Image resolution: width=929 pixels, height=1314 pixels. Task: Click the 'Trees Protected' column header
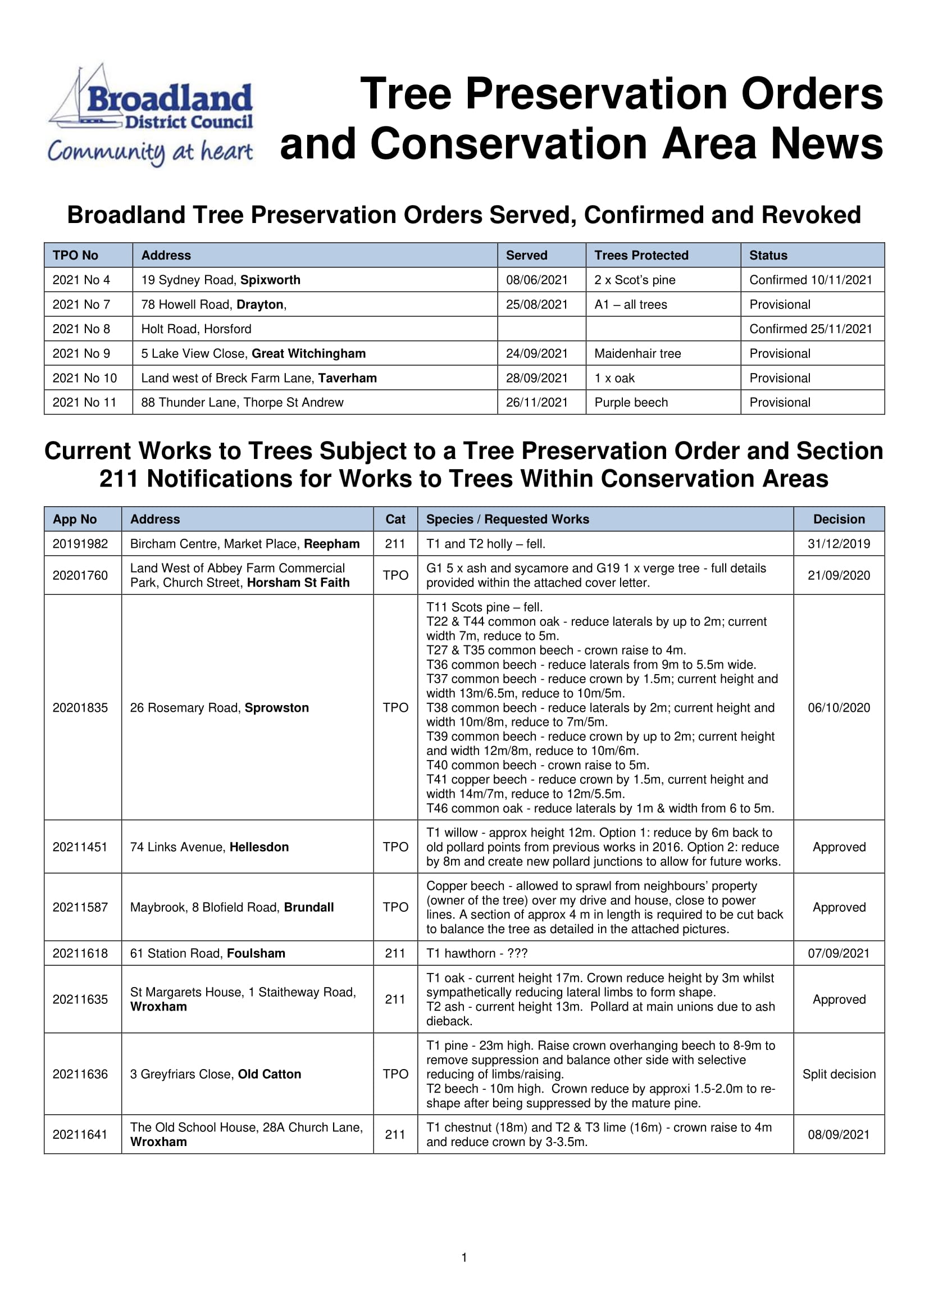point(641,255)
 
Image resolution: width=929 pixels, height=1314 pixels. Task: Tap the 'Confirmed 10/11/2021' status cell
point(810,280)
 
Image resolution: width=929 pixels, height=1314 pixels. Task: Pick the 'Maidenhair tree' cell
point(637,354)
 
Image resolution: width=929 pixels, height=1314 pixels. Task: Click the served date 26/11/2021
point(536,402)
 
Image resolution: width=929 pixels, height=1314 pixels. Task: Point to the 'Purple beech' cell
point(631,402)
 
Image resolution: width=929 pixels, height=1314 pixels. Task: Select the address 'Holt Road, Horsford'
point(196,329)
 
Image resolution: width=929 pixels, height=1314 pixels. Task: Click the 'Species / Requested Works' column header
point(507,519)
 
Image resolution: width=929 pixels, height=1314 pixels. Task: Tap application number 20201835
point(80,708)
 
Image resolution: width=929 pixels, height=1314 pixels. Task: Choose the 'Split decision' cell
point(839,1074)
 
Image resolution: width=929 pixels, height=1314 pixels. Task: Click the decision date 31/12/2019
point(839,544)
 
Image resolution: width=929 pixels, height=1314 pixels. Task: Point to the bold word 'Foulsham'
point(256,953)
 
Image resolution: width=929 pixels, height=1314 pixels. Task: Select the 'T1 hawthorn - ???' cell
point(476,953)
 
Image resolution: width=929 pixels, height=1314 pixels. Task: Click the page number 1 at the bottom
point(464,1257)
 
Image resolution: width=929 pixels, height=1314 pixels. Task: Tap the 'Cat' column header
point(395,519)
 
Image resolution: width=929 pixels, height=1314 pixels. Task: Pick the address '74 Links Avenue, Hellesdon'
point(210,847)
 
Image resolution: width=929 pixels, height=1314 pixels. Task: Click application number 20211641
point(80,1134)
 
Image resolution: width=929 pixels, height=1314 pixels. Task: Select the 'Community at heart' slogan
point(150,152)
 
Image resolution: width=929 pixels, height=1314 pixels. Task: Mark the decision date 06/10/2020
point(839,708)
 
